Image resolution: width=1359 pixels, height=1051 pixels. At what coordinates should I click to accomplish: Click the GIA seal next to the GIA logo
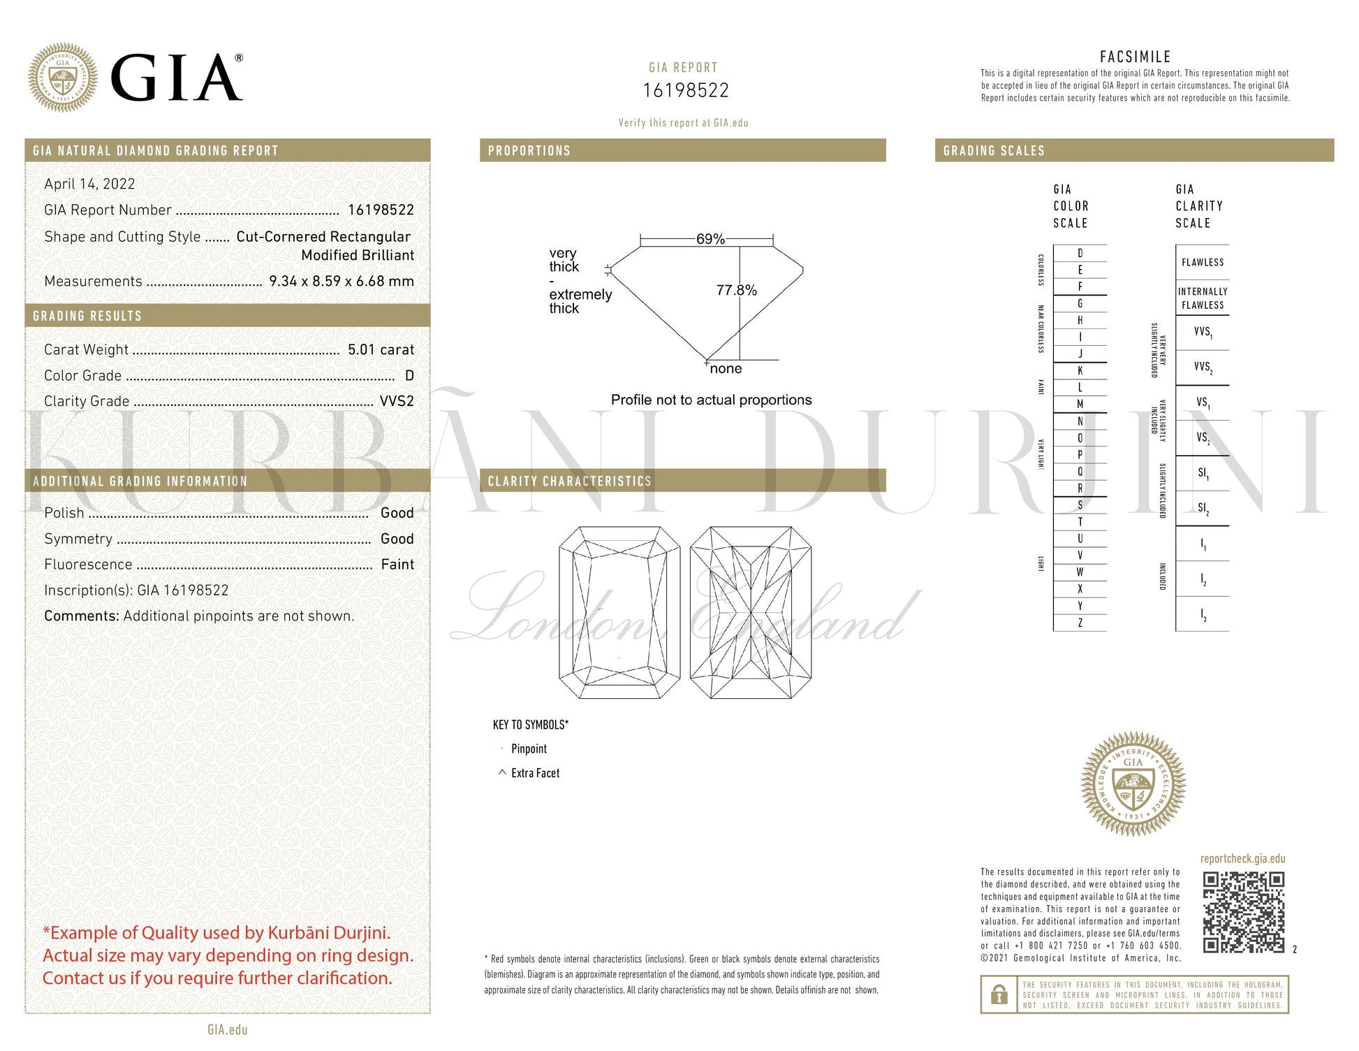63,78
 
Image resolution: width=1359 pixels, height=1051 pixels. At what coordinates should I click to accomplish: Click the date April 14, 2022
89,184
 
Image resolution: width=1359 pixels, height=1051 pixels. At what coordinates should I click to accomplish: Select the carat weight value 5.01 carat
381,349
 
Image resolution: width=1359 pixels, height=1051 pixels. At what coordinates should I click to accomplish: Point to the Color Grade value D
409,376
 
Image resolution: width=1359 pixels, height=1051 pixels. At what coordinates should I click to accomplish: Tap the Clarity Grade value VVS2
397,401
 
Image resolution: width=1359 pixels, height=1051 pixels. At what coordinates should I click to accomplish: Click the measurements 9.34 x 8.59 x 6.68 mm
341,281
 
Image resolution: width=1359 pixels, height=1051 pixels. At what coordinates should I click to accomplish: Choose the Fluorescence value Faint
397,565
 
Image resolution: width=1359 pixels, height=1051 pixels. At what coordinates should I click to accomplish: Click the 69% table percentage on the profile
710,239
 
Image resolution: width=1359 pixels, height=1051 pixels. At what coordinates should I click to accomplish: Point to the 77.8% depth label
736,290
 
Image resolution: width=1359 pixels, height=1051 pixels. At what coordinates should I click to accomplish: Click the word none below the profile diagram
726,369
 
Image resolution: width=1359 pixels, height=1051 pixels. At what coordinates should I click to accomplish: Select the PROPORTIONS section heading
529,151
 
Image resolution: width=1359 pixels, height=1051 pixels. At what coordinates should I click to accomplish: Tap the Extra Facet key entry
535,773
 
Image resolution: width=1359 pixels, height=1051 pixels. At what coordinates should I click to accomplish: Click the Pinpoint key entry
529,749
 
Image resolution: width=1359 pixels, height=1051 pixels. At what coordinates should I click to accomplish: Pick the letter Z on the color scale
1080,623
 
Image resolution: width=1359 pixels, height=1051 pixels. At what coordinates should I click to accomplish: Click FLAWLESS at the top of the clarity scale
1203,263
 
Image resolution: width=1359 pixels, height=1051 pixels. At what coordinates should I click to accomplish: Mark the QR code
1243,912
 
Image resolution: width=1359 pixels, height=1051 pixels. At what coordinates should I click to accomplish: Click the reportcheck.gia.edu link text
1242,859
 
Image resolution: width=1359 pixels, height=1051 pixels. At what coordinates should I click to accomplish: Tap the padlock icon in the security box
999,994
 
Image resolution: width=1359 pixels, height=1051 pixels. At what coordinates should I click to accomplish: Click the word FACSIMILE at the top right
1135,57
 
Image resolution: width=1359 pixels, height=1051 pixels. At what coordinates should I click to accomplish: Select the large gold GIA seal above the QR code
1133,784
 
